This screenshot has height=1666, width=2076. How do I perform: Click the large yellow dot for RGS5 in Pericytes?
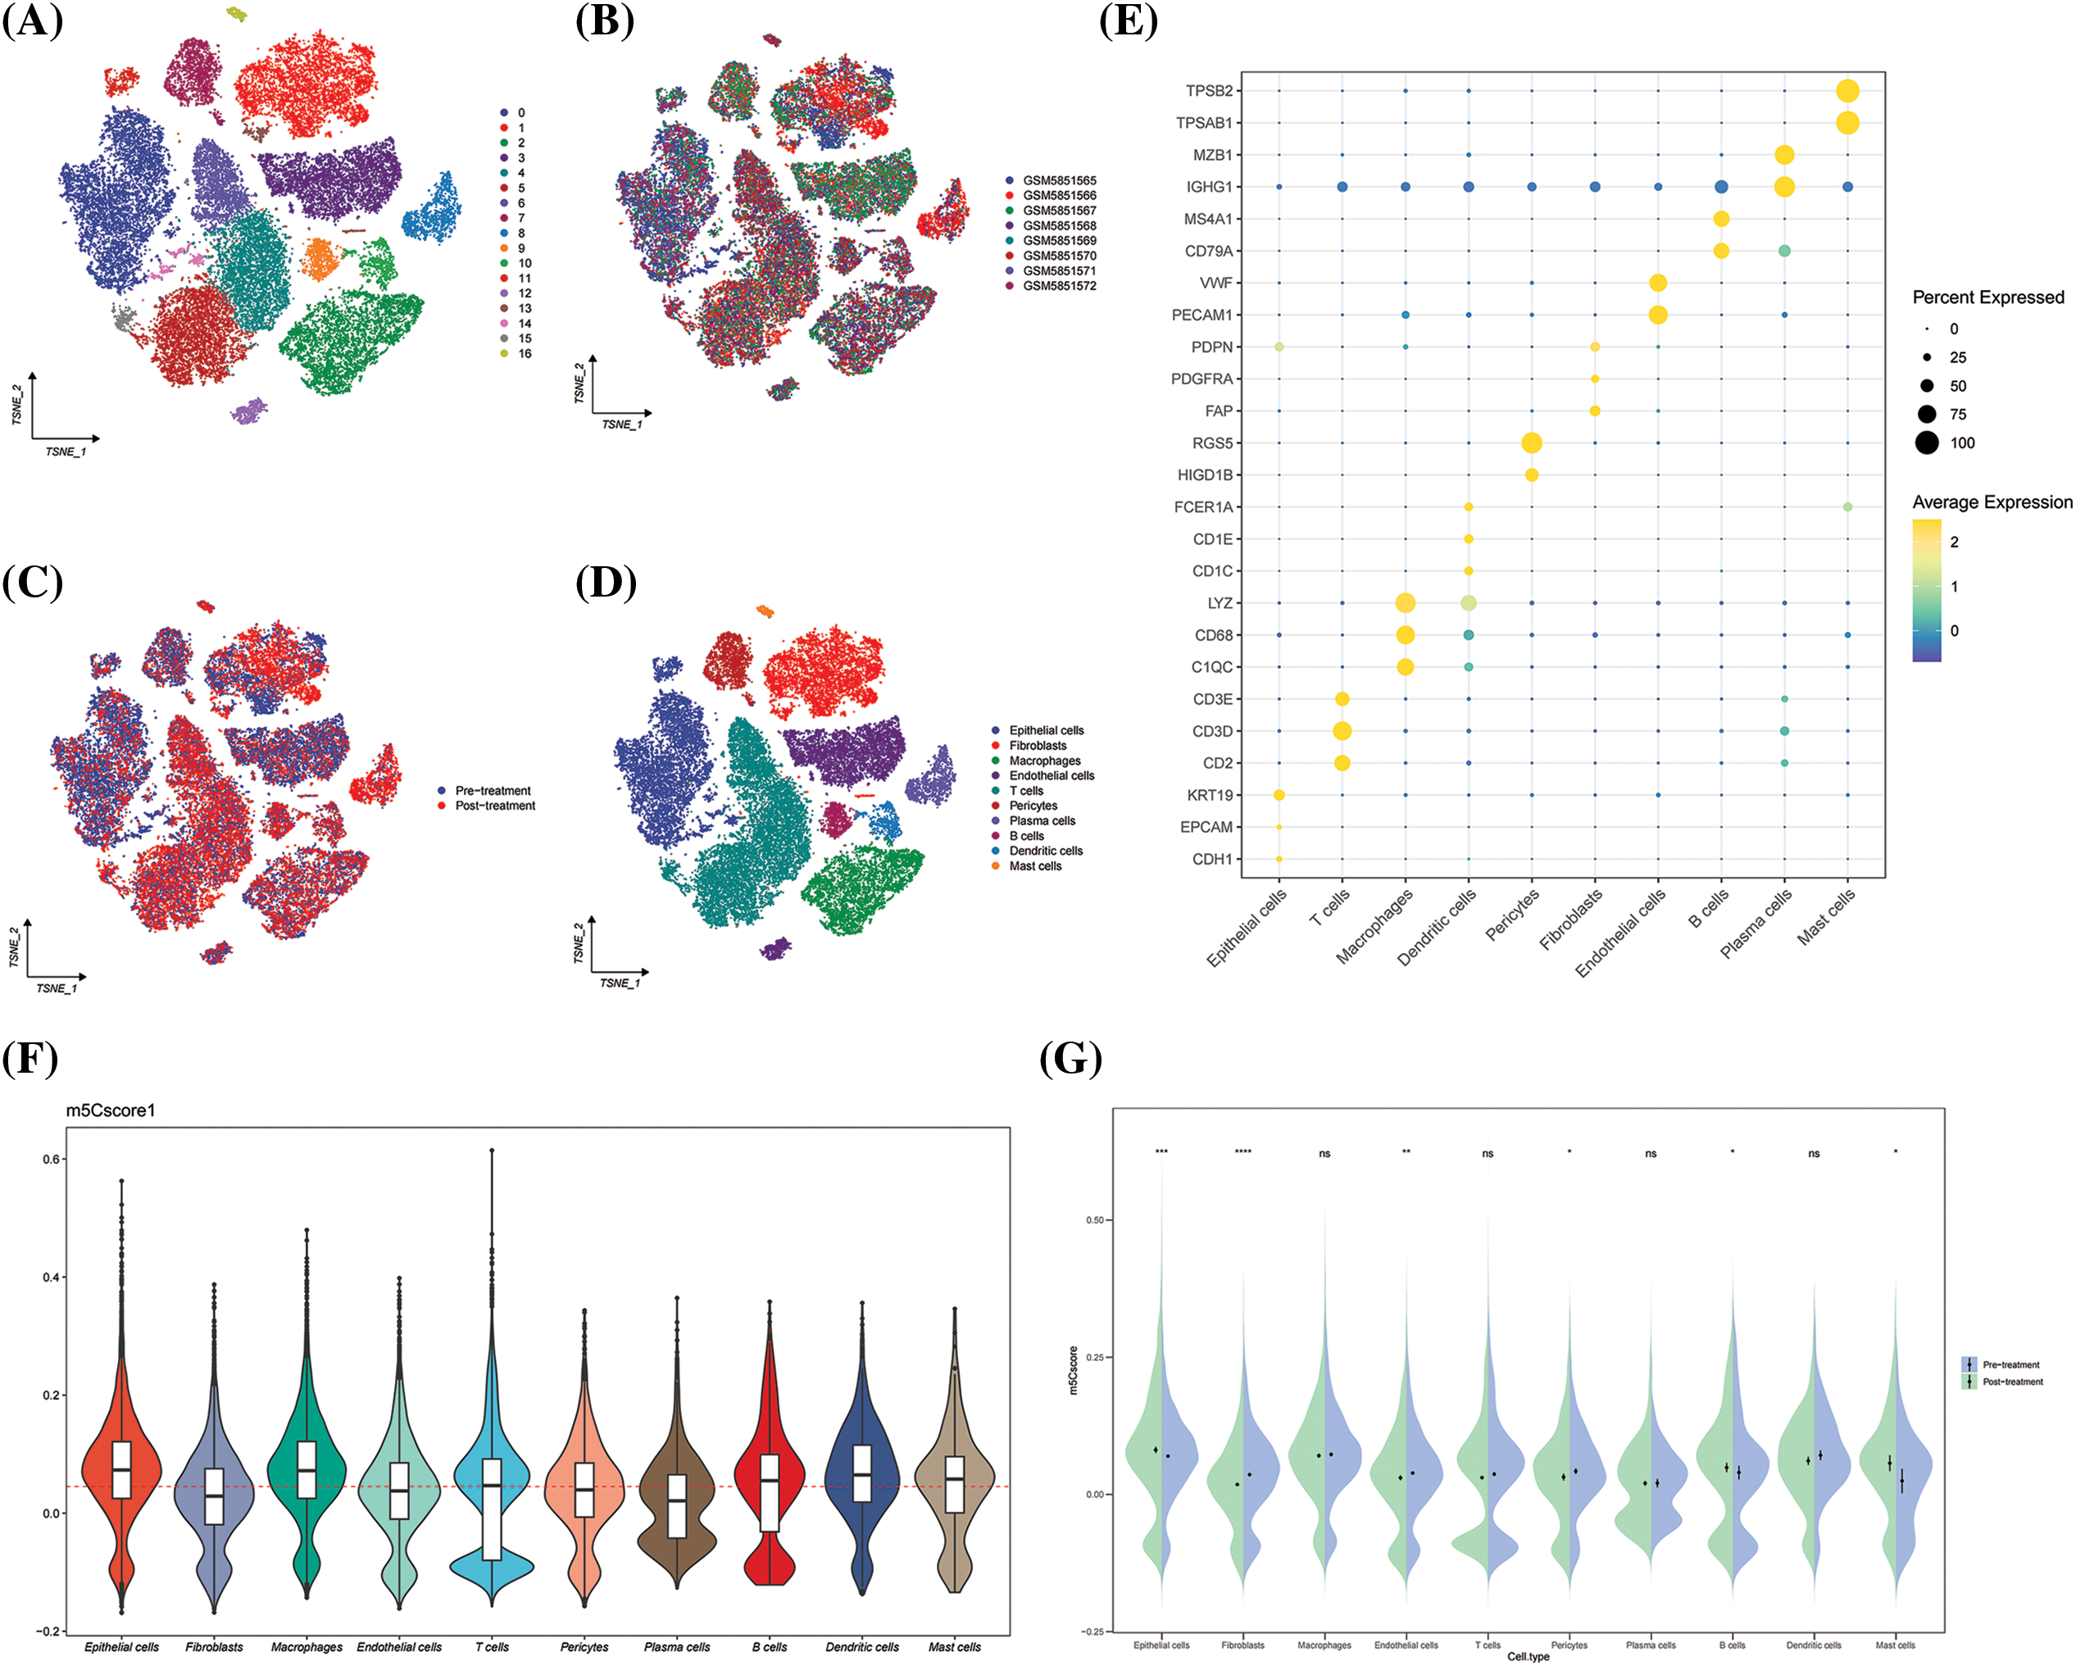(x=1531, y=443)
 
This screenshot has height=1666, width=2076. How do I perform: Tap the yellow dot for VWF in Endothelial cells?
(x=1657, y=283)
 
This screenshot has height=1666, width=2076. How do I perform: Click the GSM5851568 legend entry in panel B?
(x=1058, y=225)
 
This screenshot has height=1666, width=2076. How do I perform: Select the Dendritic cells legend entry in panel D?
(x=1045, y=851)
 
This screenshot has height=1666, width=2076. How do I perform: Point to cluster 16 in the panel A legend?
(x=524, y=353)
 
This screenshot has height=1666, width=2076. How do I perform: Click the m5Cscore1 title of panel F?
(x=111, y=1110)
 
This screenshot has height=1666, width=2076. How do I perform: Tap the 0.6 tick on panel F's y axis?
(x=52, y=1160)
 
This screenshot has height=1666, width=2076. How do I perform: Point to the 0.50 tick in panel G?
(x=1095, y=1220)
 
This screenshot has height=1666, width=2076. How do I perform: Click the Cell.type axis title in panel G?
(x=1529, y=1657)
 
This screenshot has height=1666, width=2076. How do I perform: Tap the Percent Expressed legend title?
(x=1987, y=297)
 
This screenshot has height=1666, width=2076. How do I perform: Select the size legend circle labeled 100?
(x=1927, y=443)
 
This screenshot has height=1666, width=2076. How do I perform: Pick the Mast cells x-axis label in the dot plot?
(x=1827, y=917)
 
